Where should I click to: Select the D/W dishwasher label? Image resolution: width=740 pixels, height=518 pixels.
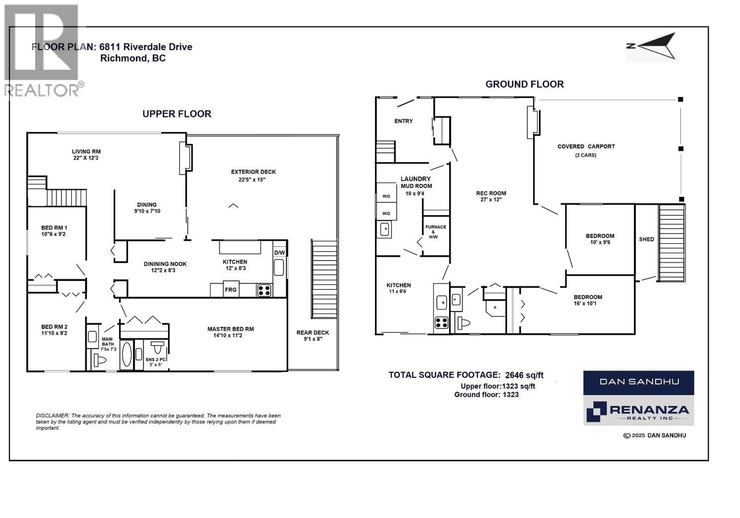click(x=279, y=253)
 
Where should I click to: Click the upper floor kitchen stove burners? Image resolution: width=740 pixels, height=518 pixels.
click(x=264, y=290)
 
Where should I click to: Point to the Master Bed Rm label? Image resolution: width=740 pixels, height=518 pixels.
click(x=230, y=329)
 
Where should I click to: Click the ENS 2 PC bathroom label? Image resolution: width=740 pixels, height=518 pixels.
click(x=156, y=359)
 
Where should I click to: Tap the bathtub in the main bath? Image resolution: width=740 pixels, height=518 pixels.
click(x=127, y=354)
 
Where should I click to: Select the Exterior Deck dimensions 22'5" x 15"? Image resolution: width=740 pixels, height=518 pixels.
click(x=252, y=180)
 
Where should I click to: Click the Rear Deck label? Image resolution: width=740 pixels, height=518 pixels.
click(x=313, y=332)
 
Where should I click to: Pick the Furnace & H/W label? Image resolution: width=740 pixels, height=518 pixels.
click(x=436, y=232)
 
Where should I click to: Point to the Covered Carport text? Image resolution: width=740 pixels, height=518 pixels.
click(x=586, y=146)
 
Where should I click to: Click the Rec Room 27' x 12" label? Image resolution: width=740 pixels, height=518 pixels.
click(x=491, y=196)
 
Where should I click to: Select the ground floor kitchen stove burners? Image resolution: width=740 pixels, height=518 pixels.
click(x=441, y=322)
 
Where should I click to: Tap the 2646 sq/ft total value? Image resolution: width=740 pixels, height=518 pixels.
click(x=524, y=375)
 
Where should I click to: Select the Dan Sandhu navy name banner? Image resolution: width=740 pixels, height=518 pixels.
click(x=638, y=382)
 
